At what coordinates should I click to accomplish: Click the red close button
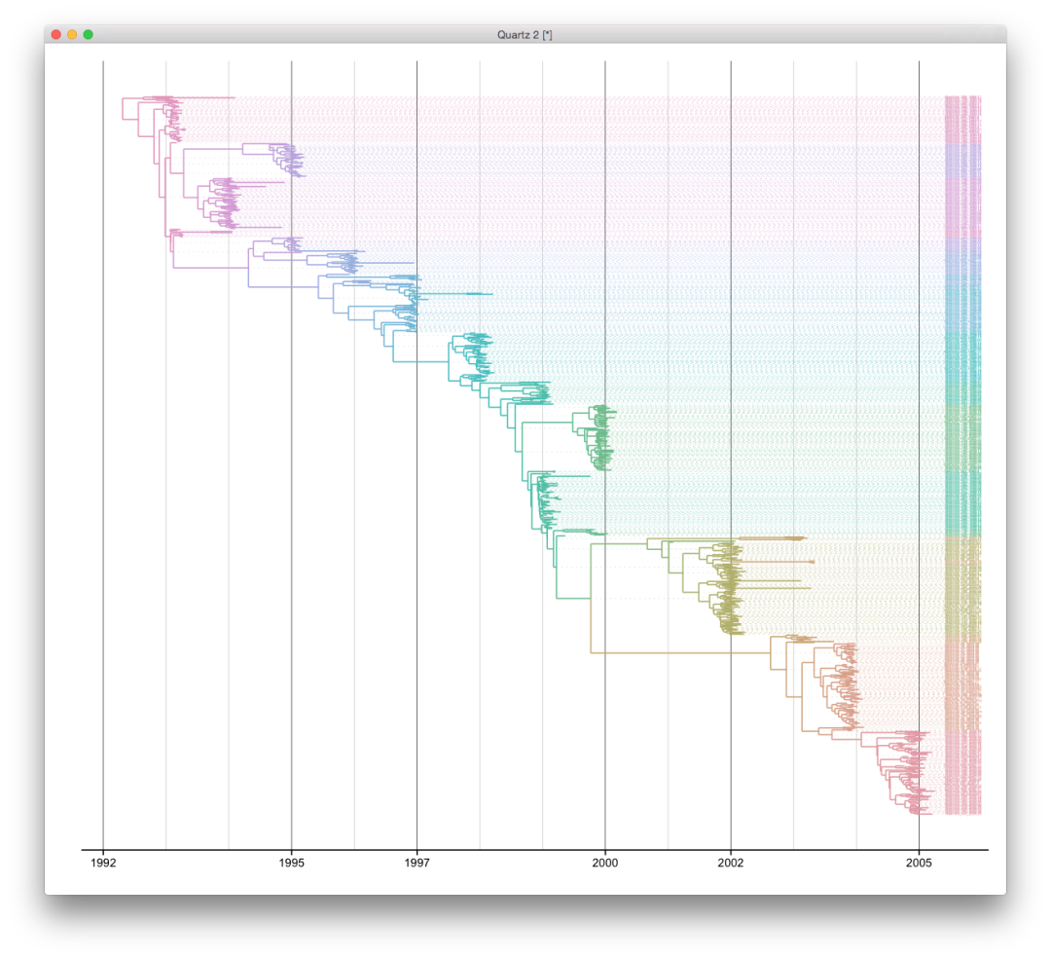coord(56,34)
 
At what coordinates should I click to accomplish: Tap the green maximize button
coord(88,34)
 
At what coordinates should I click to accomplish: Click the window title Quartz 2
coord(525,34)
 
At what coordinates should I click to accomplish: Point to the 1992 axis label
coord(103,863)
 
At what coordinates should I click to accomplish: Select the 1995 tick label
coord(291,863)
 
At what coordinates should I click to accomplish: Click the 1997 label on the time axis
coord(417,863)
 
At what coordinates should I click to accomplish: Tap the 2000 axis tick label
coord(605,863)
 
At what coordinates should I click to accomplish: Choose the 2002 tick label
coord(731,863)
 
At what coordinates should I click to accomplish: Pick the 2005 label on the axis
coord(919,863)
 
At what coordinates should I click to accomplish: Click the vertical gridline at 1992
coord(103,487)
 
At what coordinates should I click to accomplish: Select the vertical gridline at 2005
coord(919,389)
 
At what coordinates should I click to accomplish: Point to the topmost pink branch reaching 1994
coord(209,97)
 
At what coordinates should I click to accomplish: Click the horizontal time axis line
coord(535,850)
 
